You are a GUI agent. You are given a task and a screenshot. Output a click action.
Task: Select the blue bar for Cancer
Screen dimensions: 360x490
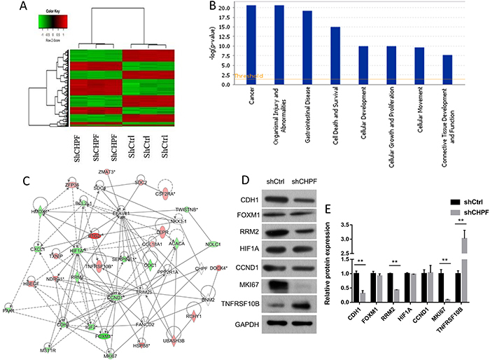point(251,45)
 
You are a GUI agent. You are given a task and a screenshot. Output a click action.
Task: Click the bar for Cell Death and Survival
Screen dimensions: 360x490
point(335,56)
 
